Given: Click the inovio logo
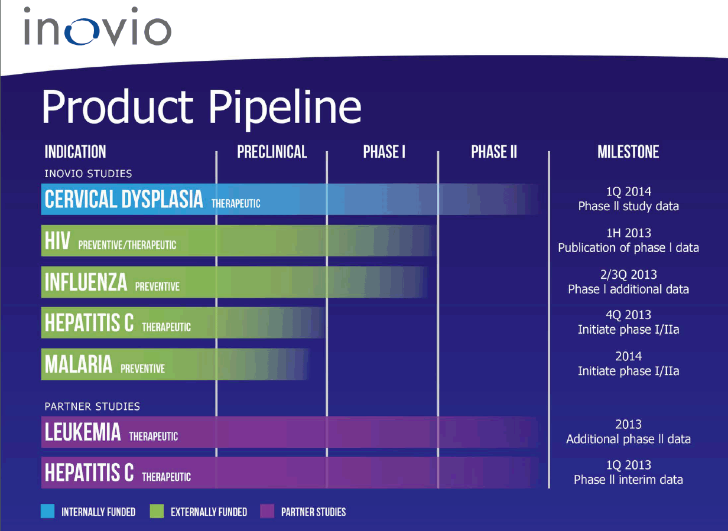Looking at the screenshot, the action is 97,26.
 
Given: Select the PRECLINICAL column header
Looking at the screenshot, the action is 272,152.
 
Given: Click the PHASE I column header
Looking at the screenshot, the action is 384,152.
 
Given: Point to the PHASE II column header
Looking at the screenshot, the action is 494,152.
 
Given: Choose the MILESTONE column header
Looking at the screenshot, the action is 628,152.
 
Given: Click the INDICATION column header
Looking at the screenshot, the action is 76,152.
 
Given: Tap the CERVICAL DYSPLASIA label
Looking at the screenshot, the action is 124,199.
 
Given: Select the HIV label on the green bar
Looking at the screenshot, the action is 57,240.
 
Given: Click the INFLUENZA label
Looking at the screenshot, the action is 86,282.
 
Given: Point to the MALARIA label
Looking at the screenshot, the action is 79,364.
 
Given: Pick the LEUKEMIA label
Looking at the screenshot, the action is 83,432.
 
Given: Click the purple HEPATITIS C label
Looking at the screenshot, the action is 89,472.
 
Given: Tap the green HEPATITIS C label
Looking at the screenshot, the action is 89,322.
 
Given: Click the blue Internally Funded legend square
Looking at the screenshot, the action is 47,511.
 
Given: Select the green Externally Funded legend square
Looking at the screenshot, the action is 157,511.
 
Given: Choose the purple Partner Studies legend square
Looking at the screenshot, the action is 267,511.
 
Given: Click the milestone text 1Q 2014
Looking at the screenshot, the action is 629,191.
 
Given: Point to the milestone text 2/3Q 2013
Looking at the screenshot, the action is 629,275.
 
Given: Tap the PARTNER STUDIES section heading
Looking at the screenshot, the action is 92,406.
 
